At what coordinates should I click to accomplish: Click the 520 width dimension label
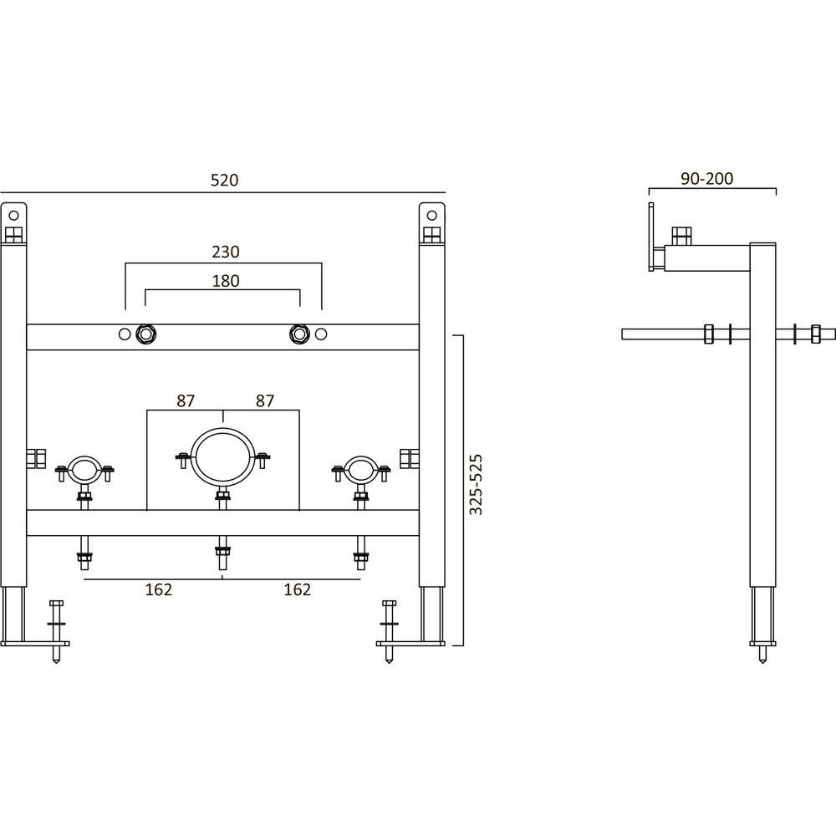(224, 181)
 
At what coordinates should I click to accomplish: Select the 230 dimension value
(226, 252)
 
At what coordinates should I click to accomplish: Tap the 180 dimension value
(226, 280)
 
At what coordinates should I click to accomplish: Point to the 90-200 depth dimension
(707, 179)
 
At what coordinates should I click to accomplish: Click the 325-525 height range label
(476, 485)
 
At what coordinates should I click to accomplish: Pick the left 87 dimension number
(186, 400)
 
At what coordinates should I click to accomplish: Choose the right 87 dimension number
(264, 400)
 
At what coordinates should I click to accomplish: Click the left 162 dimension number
(159, 589)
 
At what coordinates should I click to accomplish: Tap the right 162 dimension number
(298, 589)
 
